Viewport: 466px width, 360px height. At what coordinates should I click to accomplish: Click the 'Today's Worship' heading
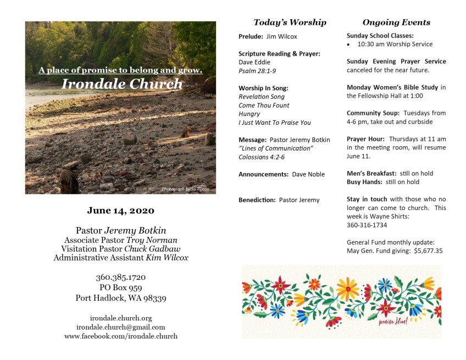[290, 23]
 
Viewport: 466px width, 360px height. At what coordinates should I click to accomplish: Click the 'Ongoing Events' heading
[396, 23]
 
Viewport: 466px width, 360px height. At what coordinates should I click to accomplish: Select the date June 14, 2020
[120, 211]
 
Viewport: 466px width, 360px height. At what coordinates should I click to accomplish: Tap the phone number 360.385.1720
[120, 278]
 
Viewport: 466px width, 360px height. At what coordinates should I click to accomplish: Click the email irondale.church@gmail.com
[120, 327]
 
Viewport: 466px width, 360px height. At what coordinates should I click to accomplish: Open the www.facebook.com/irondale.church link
[120, 336]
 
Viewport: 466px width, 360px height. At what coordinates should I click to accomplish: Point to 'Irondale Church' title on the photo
[121, 84]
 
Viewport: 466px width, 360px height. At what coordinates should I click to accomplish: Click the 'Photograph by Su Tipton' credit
[185, 189]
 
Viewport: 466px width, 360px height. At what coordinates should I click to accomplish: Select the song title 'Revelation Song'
[262, 97]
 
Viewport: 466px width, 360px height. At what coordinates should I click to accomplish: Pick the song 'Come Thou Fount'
[264, 105]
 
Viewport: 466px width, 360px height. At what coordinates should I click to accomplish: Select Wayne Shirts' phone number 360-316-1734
[367, 225]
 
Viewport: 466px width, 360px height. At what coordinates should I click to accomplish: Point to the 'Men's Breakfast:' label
[371, 173]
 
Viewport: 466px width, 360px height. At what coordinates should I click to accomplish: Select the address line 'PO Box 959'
[120, 287]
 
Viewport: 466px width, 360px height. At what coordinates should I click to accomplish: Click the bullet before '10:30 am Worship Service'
[349, 44]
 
